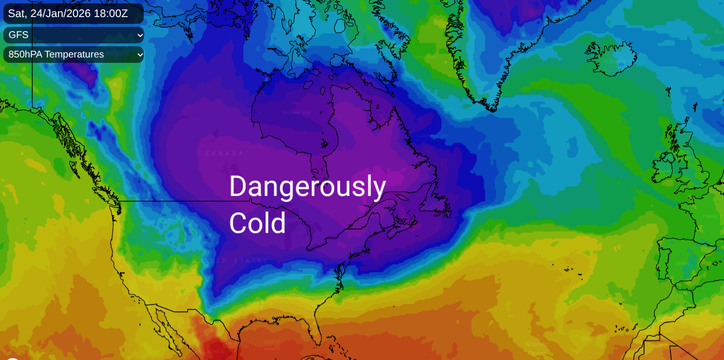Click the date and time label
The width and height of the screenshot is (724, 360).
click(68, 14)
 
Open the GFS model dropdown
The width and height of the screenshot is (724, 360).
click(73, 35)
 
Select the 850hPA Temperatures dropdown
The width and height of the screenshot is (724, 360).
click(73, 55)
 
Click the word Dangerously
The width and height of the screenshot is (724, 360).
click(307, 187)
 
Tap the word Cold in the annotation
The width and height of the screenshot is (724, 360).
click(257, 223)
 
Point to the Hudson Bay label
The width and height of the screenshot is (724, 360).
click(296, 113)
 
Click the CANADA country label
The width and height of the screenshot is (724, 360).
click(225, 153)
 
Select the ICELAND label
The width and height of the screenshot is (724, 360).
click(615, 61)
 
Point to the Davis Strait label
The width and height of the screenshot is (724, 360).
click(426, 57)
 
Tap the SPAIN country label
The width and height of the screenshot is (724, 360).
click(682, 264)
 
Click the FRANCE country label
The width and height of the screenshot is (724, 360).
click(712, 216)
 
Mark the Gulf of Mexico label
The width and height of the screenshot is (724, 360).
click(272, 345)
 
